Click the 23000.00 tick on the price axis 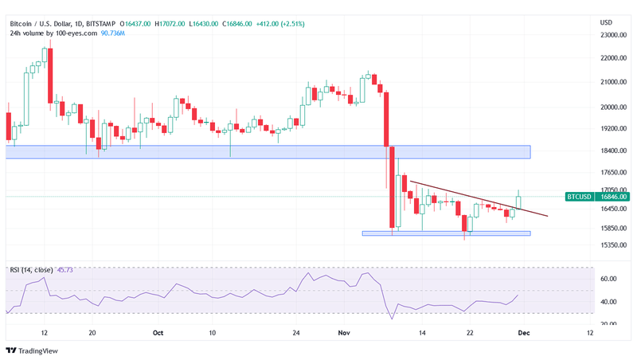point(612,35)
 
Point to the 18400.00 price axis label point(612,151)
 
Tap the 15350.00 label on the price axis point(612,245)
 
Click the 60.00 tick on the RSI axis point(609,279)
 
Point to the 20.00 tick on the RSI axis point(609,323)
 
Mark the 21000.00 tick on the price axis point(612,82)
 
